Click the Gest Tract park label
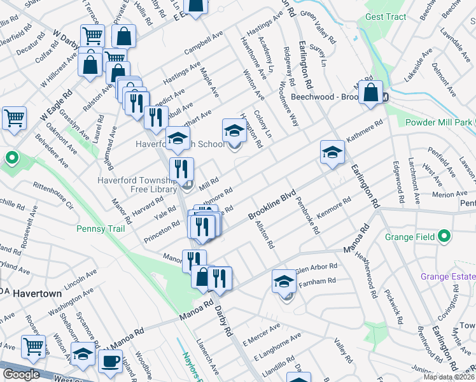click(386, 17)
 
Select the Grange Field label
click(410, 237)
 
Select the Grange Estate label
click(448, 276)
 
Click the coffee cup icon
click(110, 361)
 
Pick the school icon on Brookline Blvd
click(331, 152)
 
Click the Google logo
click(21, 374)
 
